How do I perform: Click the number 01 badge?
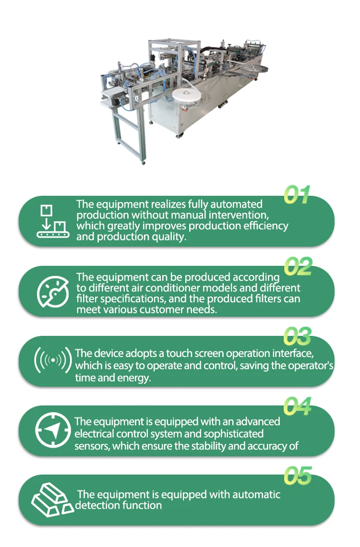pyautogui.click(x=297, y=195)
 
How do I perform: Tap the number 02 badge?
pyautogui.click(x=298, y=266)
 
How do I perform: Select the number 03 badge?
pyautogui.click(x=297, y=336)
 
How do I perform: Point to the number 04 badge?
pyautogui.click(x=297, y=406)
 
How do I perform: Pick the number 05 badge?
pyautogui.click(x=297, y=476)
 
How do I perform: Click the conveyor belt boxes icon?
pyautogui.click(x=52, y=221)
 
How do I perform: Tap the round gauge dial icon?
pyautogui.click(x=53, y=292)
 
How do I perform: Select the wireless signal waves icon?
pyautogui.click(x=53, y=360)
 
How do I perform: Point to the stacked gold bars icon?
pyautogui.click(x=52, y=499)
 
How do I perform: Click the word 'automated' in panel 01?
pyautogui.click(x=235, y=204)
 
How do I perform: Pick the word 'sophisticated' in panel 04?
pyautogui.click(x=231, y=434)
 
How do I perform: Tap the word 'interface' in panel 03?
pyautogui.click(x=294, y=354)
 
